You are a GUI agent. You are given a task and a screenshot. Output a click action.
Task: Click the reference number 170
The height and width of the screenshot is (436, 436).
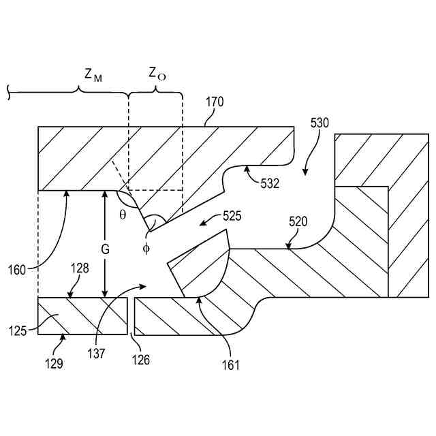click(214, 103)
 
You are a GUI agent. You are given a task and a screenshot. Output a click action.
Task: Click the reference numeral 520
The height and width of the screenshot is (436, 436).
click(298, 221)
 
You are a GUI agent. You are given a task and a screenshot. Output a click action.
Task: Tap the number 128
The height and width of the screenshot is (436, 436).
click(80, 270)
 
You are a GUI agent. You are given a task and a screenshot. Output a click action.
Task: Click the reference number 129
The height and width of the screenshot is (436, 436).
click(54, 363)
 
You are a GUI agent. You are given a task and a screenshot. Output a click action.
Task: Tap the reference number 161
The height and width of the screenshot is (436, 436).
click(231, 365)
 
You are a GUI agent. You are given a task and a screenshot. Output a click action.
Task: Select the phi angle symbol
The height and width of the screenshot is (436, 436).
click(145, 249)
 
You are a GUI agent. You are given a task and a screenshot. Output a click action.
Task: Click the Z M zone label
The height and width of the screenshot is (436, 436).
click(93, 76)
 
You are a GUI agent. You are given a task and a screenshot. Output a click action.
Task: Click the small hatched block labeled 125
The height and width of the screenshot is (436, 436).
click(82, 316)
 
